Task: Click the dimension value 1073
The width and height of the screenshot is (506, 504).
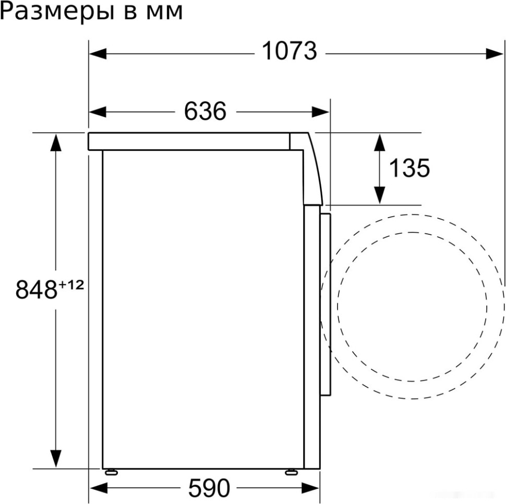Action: point(288,51)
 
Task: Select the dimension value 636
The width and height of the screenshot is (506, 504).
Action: point(205,111)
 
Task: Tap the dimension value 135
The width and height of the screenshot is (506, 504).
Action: point(409,168)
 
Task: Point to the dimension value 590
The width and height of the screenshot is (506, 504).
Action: point(209,488)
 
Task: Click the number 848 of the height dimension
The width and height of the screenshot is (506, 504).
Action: point(36,290)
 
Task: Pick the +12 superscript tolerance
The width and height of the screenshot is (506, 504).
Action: point(71,285)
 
